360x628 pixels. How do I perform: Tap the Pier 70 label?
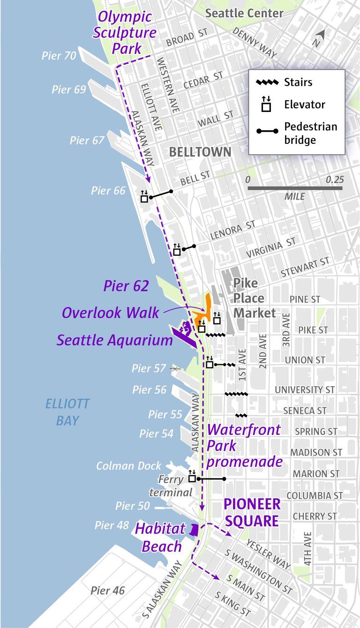(x=59, y=56)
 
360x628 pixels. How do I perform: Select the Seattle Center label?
(x=244, y=13)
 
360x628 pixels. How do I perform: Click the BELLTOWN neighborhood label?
(x=200, y=152)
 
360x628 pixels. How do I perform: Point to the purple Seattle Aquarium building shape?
(x=183, y=335)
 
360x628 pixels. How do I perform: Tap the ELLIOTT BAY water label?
(x=67, y=412)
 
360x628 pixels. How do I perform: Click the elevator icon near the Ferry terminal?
(x=192, y=478)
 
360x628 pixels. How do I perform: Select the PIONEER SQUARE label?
(x=252, y=512)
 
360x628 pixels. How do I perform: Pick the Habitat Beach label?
(x=158, y=538)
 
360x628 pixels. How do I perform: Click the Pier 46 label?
(x=108, y=591)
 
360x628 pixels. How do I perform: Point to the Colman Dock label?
(x=128, y=466)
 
